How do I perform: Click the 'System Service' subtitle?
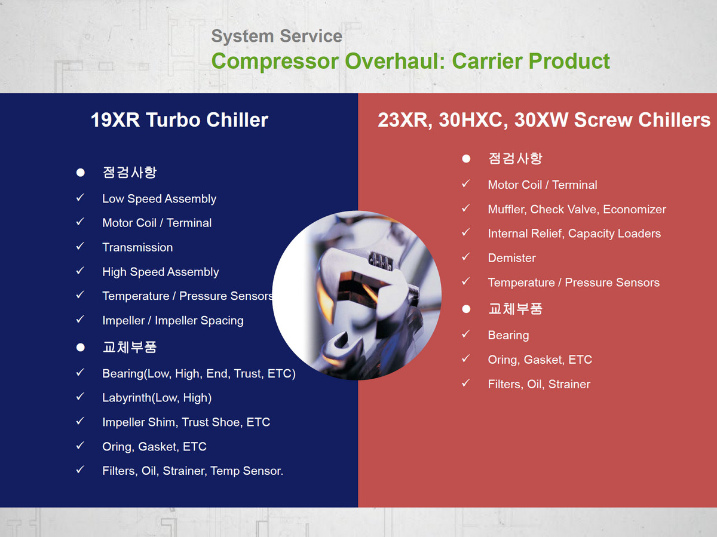pyautogui.click(x=277, y=36)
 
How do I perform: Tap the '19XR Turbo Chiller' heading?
pyautogui.click(x=179, y=120)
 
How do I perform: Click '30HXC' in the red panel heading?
pyautogui.click(x=473, y=120)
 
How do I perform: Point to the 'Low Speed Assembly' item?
pyautogui.click(x=159, y=199)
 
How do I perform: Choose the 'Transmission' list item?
pyautogui.click(x=137, y=247)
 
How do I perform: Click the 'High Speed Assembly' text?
pyautogui.click(x=160, y=272)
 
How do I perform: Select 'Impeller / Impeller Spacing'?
pyautogui.click(x=173, y=321)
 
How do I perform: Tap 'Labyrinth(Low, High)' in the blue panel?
pyautogui.click(x=157, y=398)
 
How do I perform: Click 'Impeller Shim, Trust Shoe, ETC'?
pyautogui.click(x=186, y=422)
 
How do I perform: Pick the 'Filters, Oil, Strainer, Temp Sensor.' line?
pyautogui.click(x=193, y=471)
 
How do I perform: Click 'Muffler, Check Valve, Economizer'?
pyautogui.click(x=577, y=209)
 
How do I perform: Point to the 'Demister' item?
pyautogui.click(x=512, y=258)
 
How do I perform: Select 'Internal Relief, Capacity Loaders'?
pyautogui.click(x=574, y=234)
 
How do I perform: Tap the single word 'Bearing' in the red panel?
pyautogui.click(x=508, y=336)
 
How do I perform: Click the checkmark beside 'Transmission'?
pyautogui.click(x=80, y=246)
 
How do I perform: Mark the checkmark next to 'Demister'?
pyautogui.click(x=466, y=257)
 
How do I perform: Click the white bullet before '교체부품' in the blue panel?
pyautogui.click(x=80, y=347)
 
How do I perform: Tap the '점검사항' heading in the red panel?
pyautogui.click(x=515, y=159)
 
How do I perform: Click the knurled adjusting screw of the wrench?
pyautogui.click(x=380, y=260)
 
